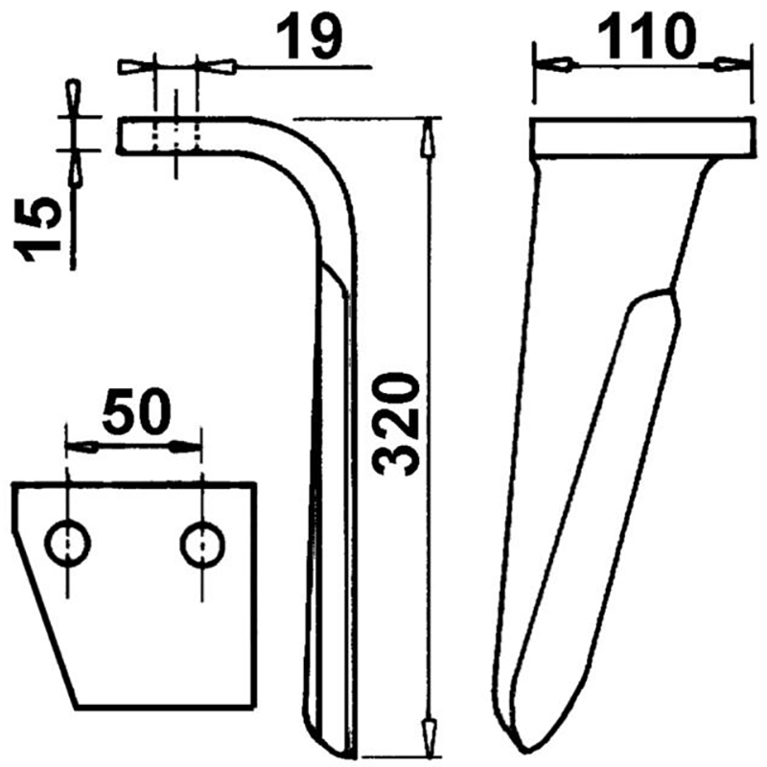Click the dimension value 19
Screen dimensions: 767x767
click(309, 38)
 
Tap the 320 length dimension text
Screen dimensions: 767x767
click(394, 426)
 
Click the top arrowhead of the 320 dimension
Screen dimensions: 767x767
click(427, 134)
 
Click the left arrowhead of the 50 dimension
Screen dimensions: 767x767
click(82, 446)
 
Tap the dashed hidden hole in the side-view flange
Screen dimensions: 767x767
click(174, 135)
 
